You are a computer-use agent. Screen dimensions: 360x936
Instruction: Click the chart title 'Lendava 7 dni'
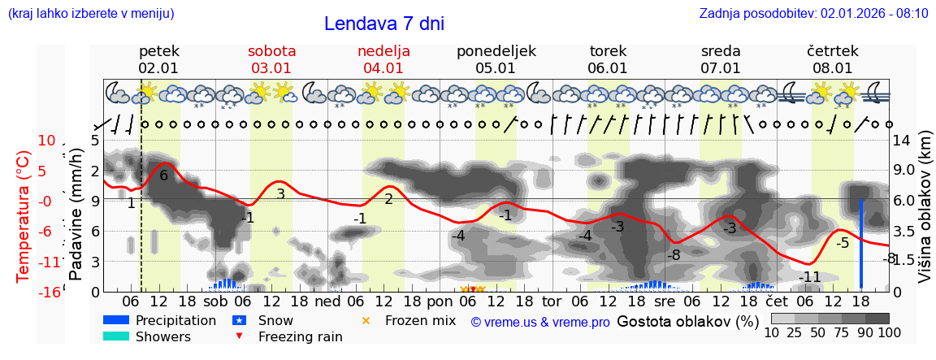(x=383, y=24)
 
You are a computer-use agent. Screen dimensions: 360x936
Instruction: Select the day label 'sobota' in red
(x=271, y=50)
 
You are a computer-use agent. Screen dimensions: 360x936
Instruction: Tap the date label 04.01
(x=383, y=68)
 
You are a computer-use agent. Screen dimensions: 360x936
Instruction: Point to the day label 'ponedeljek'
(x=496, y=50)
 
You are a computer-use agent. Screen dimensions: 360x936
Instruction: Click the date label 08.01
(x=832, y=68)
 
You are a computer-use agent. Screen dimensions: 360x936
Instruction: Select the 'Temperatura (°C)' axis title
(x=24, y=216)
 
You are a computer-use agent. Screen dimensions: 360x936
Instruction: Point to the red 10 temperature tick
(x=46, y=141)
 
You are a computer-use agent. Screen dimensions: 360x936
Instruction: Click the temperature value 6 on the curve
(x=163, y=176)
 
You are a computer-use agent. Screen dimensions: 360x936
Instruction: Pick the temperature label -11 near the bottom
(x=809, y=277)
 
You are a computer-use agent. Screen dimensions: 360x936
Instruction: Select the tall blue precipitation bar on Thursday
(x=860, y=244)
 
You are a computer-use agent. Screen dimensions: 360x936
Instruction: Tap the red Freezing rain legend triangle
(x=238, y=336)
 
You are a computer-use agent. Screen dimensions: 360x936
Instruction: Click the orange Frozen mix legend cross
(x=366, y=320)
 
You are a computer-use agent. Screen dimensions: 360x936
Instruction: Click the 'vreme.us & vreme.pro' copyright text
(x=539, y=322)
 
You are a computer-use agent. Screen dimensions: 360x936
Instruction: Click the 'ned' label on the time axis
(x=327, y=301)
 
